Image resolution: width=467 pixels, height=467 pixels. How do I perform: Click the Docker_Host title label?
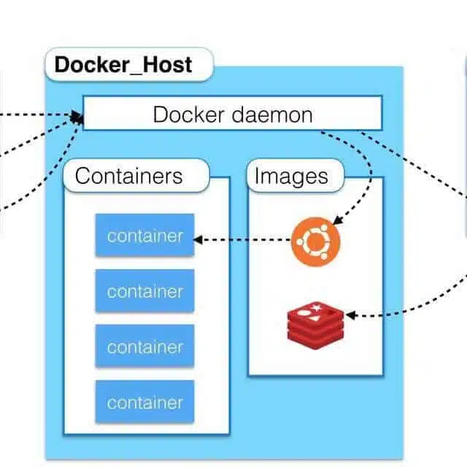tap(129, 64)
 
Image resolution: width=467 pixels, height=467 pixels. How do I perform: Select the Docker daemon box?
tap(233, 113)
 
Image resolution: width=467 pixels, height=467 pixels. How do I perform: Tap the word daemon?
tap(272, 115)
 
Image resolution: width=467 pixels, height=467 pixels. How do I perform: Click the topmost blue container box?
tap(144, 235)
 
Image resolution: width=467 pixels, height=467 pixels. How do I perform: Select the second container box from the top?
tap(144, 290)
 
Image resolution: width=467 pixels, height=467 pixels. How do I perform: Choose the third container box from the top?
tap(144, 346)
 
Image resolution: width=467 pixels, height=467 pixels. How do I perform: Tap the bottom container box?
tap(144, 402)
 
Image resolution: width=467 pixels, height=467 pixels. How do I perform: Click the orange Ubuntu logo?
tap(316, 242)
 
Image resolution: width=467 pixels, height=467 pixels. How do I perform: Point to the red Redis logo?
tap(316, 325)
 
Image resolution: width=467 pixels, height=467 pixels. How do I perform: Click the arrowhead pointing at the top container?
tap(198, 239)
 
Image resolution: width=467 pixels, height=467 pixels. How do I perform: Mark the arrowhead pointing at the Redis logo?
tap(350, 315)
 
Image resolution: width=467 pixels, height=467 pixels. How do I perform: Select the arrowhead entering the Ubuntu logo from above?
tap(337, 220)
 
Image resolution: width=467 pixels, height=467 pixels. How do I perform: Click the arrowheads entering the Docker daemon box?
tap(77, 117)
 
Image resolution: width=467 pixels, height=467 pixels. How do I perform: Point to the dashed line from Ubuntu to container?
tap(242, 239)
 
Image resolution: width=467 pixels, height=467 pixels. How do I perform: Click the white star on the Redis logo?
tap(316, 306)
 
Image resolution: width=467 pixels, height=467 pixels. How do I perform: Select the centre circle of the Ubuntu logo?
tap(316, 242)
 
